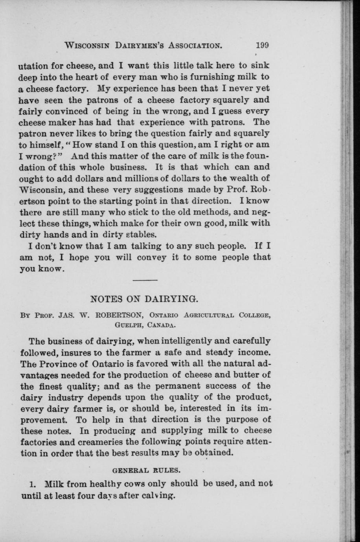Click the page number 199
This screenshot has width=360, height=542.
coord(261,45)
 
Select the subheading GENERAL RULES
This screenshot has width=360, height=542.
coord(147,469)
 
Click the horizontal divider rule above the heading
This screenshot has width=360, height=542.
coord(145,280)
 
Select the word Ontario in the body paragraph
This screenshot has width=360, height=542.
coord(107,362)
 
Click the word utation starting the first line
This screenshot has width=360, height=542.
coord(33,66)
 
